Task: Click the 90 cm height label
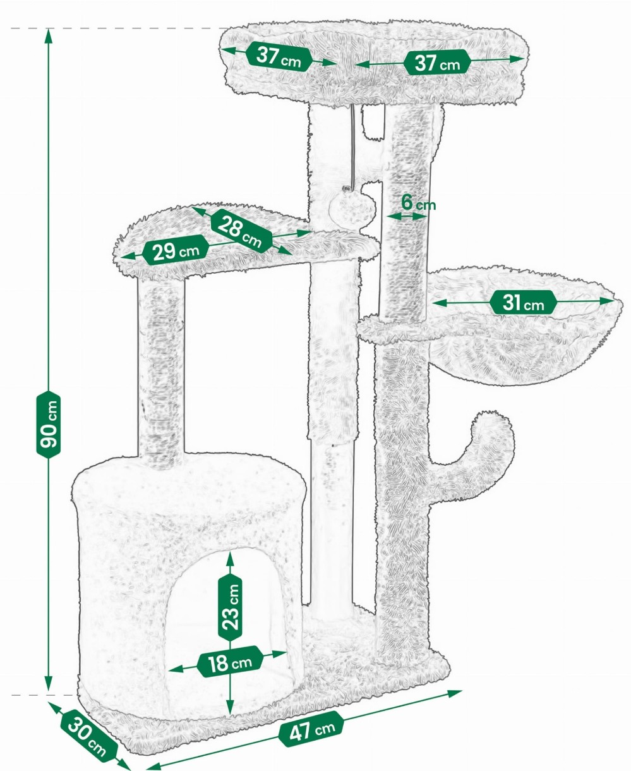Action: coord(48,424)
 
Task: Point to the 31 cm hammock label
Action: coord(523,302)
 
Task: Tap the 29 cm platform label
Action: coord(176,250)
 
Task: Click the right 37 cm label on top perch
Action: coord(436,63)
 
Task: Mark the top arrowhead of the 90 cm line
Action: coord(48,35)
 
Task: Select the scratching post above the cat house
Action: coord(161,369)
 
